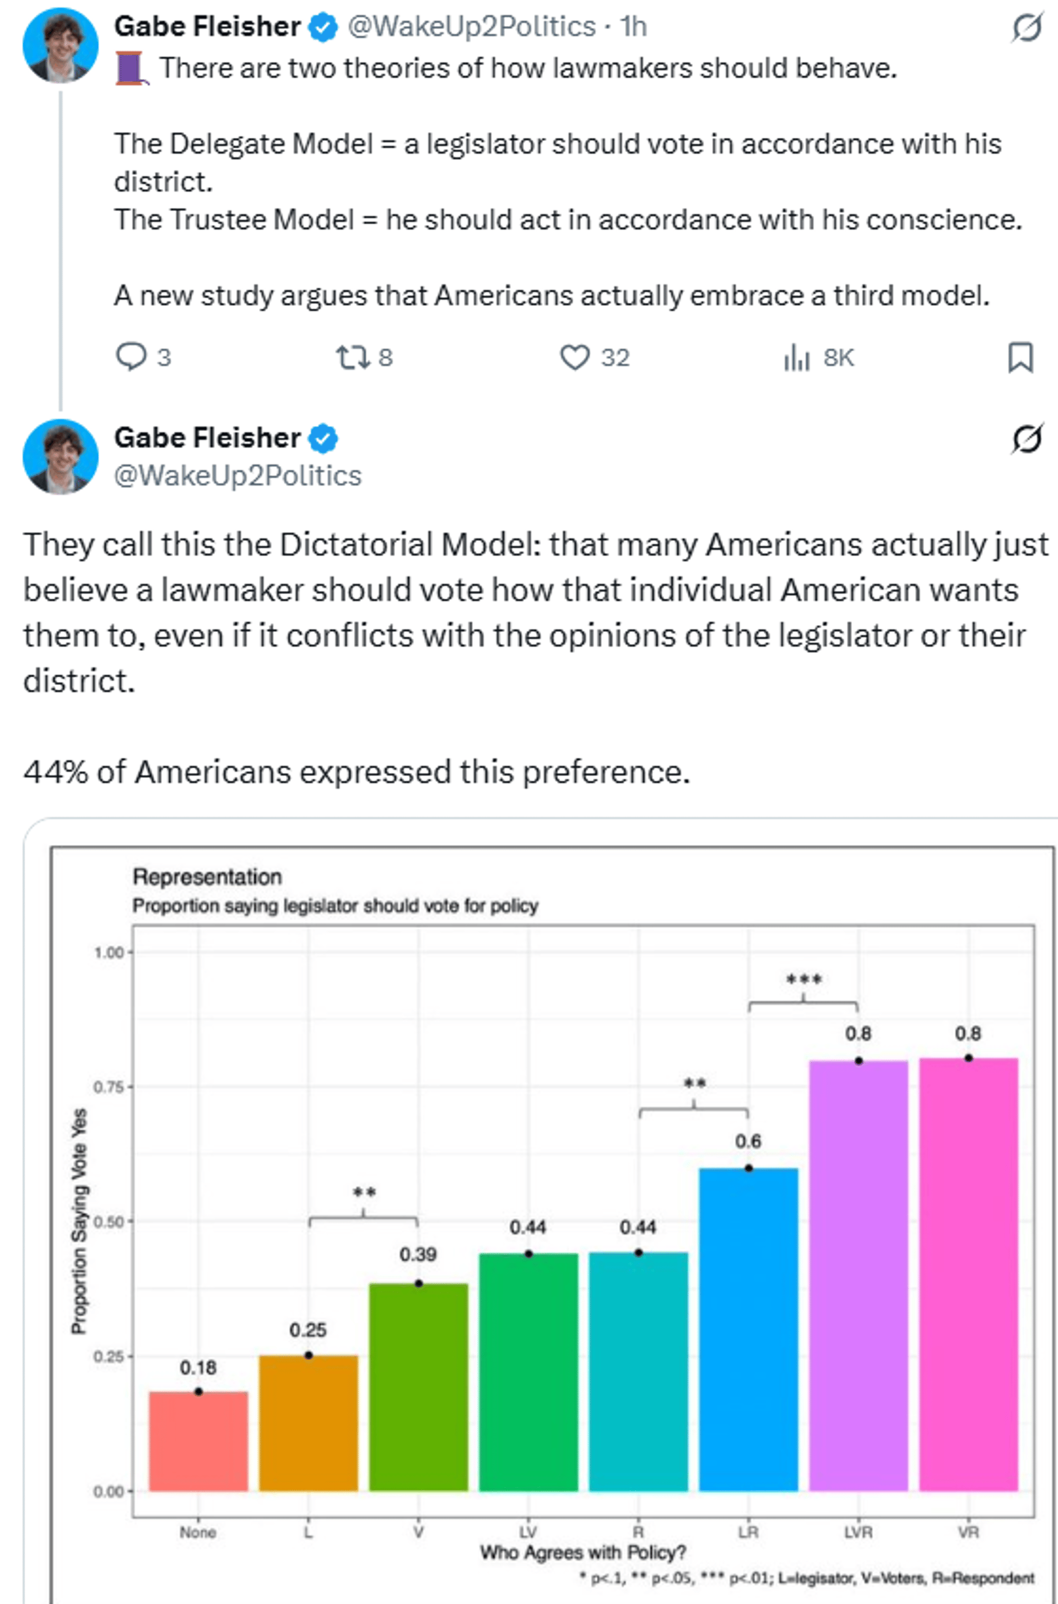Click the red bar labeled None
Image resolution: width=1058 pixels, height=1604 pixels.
(198, 1440)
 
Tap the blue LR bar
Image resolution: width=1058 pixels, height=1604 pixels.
(748, 1329)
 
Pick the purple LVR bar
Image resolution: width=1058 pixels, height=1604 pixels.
(859, 1275)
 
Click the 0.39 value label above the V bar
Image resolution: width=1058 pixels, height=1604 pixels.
(418, 1255)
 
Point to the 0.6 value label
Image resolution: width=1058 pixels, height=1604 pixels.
(748, 1141)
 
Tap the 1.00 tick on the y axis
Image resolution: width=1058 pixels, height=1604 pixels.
(109, 953)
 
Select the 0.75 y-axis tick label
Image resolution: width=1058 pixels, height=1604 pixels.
(109, 1087)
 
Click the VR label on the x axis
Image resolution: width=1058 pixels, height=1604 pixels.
(968, 1532)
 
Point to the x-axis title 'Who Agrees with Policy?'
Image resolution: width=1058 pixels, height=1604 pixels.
(583, 1553)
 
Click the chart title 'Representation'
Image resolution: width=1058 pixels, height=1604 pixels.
(207, 876)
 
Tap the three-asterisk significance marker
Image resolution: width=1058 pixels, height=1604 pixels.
(803, 979)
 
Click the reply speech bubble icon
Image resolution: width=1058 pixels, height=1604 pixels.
(131, 357)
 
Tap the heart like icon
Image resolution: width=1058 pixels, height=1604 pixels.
(575, 357)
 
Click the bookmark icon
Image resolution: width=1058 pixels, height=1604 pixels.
(1019, 357)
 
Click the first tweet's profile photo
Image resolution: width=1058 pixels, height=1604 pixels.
(61, 45)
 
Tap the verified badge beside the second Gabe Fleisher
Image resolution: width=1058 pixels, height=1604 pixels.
(323, 439)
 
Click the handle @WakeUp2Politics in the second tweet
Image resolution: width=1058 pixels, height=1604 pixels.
(237, 476)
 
